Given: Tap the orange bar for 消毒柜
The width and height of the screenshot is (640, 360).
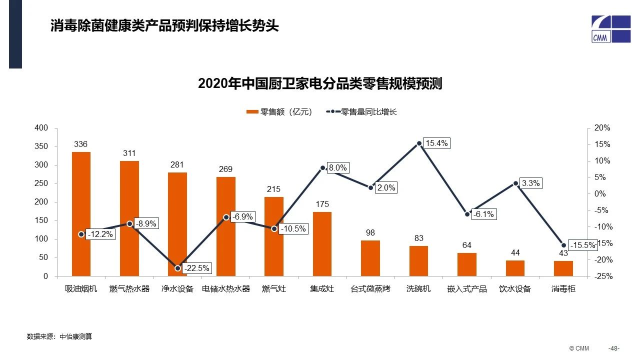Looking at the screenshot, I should pyautogui.click(x=563, y=268).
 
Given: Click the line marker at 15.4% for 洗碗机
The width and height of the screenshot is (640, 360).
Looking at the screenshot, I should pyautogui.click(x=419, y=143).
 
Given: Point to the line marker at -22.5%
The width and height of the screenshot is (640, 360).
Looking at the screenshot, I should pyautogui.click(x=177, y=268).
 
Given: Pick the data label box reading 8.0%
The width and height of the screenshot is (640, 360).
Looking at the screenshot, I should pyautogui.click(x=338, y=168).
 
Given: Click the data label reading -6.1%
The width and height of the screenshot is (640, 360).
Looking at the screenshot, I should pyautogui.click(x=483, y=214).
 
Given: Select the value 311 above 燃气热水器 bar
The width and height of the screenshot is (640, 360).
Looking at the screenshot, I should pyautogui.click(x=129, y=153).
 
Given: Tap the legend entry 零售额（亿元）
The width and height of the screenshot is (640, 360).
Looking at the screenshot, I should pyautogui.click(x=279, y=112).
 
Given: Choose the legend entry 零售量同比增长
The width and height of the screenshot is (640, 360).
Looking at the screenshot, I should pyautogui.click(x=362, y=112).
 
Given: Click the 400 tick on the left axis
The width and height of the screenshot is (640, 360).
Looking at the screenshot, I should pyautogui.click(x=42, y=128).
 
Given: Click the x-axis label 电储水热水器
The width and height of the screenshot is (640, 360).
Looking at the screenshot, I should pyautogui.click(x=225, y=289).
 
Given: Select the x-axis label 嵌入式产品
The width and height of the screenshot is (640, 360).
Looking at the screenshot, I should pyautogui.click(x=466, y=289).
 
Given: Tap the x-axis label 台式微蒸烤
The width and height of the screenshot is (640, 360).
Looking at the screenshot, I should pyautogui.click(x=370, y=289).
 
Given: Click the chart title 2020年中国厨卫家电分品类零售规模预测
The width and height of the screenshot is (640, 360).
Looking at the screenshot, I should pyautogui.click(x=320, y=83).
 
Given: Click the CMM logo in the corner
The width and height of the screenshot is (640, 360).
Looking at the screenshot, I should pyautogui.click(x=610, y=29).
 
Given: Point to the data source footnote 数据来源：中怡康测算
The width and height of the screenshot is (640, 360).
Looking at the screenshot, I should pyautogui.click(x=59, y=336).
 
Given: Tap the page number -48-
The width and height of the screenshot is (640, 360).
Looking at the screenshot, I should pyautogui.click(x=613, y=348).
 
